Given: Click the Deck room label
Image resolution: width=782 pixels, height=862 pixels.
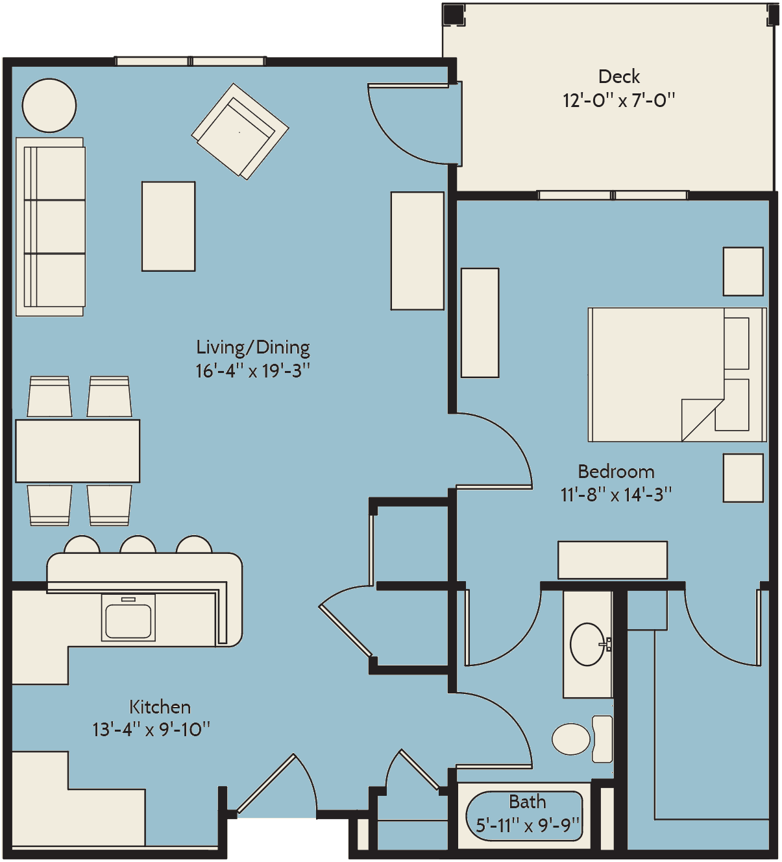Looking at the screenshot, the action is (618, 77).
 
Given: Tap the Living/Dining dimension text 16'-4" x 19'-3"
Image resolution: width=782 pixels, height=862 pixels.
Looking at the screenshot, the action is (253, 371).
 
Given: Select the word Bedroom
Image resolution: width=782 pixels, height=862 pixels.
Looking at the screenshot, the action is (616, 472).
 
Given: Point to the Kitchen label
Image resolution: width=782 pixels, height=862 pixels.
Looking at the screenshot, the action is (160, 707).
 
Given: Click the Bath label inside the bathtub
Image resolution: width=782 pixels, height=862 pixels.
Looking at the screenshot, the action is (528, 802).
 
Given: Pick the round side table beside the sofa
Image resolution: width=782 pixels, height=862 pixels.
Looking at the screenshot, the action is (49, 105).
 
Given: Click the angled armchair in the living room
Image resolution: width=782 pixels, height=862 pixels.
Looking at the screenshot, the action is (240, 132).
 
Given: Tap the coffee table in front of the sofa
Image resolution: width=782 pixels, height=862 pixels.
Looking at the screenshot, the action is (169, 226).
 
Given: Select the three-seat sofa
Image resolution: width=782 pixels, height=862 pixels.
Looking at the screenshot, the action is (51, 227).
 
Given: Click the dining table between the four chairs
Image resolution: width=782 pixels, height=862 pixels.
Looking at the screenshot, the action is (78, 451).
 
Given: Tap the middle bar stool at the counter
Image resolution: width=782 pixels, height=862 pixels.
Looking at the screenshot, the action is (138, 544).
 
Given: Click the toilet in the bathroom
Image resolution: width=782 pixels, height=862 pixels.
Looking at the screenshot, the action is (582, 739).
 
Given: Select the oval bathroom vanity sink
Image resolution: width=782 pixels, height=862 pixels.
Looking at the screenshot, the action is (588, 645).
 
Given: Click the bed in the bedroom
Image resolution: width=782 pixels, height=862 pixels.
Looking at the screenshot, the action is (677, 375).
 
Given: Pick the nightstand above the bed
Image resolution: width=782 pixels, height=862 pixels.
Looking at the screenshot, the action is (743, 272).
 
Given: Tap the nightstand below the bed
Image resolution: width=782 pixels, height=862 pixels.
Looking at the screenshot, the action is (743, 478).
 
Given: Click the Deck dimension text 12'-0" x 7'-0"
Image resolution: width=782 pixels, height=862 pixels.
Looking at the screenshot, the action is (618, 101).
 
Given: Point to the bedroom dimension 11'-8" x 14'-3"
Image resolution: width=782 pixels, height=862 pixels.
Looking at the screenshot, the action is (616, 495).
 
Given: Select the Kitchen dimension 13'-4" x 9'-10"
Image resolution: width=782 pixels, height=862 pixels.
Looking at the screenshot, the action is (151, 730).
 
